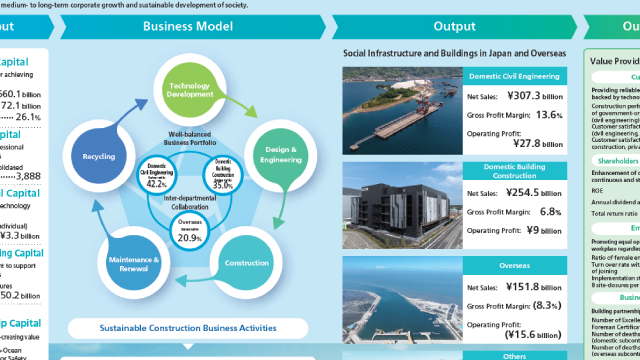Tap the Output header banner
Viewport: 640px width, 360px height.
453,26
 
